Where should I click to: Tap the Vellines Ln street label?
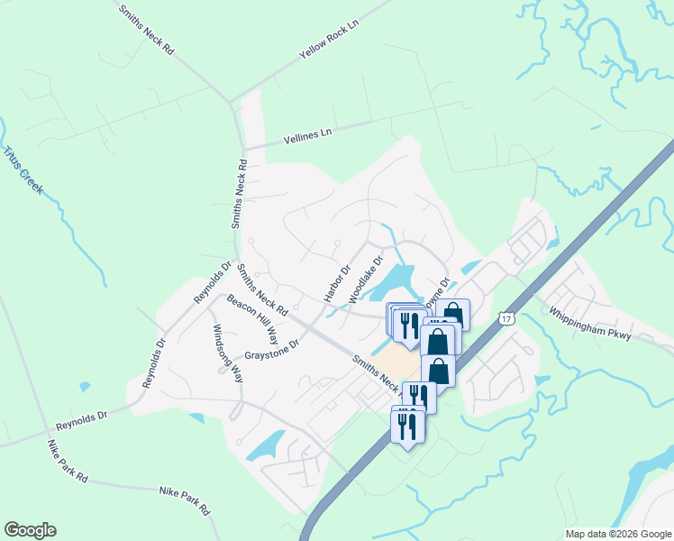(308, 135)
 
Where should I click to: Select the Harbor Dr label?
(337, 282)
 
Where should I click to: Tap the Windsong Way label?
(227, 355)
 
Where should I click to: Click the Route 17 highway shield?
(506, 317)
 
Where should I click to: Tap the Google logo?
(30, 530)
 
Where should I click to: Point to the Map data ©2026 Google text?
(617, 534)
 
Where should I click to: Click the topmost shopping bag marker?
(452, 315)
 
